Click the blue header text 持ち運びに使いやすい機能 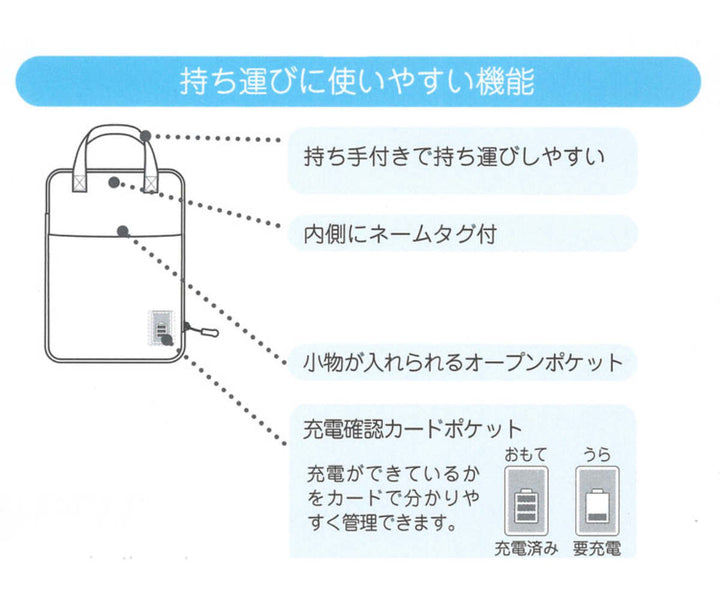pyautogui.click(x=356, y=81)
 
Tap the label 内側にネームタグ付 pyautogui.click(x=400, y=235)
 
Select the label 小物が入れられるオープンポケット pyautogui.click(x=462, y=361)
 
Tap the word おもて pyautogui.click(x=526, y=455)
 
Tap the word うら pyautogui.click(x=597, y=455)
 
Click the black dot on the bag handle pyautogui.click(x=147, y=135)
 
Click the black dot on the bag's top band pyautogui.click(x=115, y=183)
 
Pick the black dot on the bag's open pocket pyautogui.click(x=122, y=231)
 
